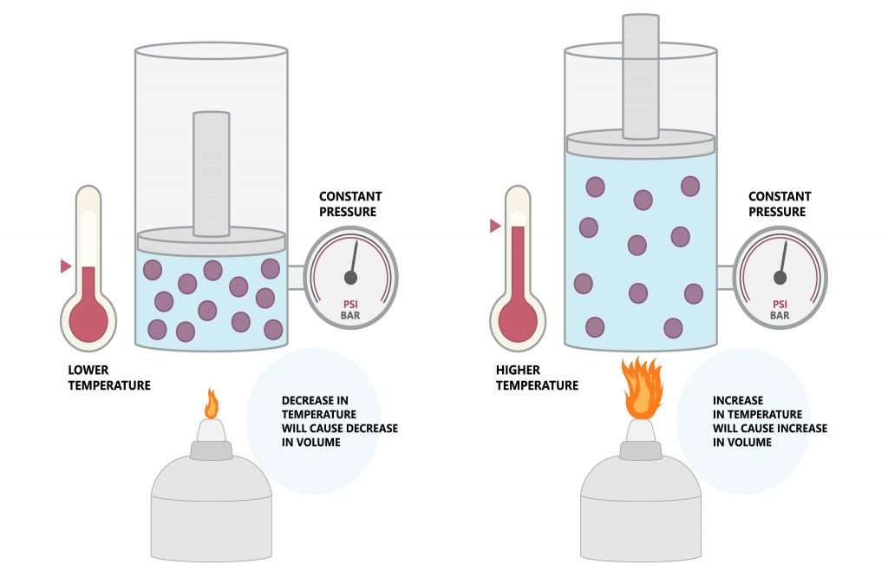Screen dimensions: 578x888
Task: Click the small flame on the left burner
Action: click(211, 404)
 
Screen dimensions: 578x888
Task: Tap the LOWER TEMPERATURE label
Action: click(108, 378)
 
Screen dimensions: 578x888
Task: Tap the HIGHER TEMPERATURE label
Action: click(537, 378)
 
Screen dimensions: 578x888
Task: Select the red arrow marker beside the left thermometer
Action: click(65, 266)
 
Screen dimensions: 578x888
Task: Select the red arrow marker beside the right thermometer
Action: click(495, 227)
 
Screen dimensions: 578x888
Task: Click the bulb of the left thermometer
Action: click(88, 319)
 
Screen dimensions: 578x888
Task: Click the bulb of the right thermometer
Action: click(518, 319)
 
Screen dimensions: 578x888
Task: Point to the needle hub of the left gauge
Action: click(350, 278)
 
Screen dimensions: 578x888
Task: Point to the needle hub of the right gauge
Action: click(780, 278)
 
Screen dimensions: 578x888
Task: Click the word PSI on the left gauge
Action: click(350, 304)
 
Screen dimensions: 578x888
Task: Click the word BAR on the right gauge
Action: click(780, 316)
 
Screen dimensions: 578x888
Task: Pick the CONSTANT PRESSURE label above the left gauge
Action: click(350, 204)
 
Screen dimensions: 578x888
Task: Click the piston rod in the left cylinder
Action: click(211, 174)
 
